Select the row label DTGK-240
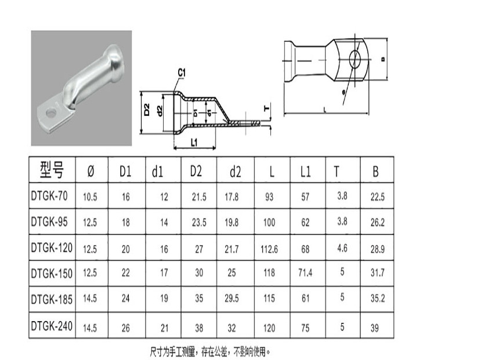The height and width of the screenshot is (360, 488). [x=52, y=326]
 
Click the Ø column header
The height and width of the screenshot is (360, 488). [x=90, y=171]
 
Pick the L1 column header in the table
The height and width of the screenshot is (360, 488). [x=306, y=171]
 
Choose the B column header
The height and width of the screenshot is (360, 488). [x=376, y=171]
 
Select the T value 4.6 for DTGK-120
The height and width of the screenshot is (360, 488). [x=342, y=248]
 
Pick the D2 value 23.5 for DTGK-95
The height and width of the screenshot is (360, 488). [x=199, y=223]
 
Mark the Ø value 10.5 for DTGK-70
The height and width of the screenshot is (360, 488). [x=90, y=198]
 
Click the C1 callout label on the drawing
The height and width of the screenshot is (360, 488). [x=181, y=72]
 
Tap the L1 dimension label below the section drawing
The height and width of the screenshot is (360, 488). [x=195, y=142]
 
